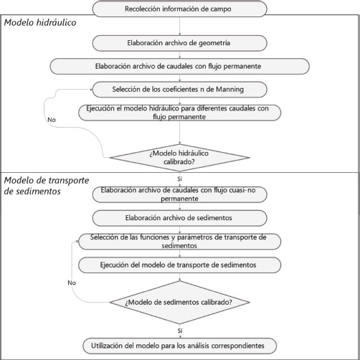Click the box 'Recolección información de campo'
(179, 9)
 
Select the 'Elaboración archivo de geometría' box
(179, 43)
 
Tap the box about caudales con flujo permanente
(179, 66)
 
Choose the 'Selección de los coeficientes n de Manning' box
(179, 90)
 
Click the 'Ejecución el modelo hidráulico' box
(179, 113)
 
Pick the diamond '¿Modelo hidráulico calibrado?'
(179, 158)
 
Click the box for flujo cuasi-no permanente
(179, 194)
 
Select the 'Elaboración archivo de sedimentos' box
(179, 218)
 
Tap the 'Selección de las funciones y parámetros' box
(179, 242)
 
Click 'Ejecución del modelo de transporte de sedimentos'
(179, 265)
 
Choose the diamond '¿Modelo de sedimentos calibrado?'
(179, 303)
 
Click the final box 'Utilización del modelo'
(179, 346)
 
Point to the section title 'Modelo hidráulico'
(40, 23)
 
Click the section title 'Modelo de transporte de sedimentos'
(47, 186)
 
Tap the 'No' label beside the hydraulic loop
(52, 120)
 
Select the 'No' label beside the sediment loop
(72, 283)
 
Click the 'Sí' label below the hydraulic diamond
(180, 179)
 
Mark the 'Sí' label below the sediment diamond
(180, 331)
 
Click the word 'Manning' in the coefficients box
(230, 90)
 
